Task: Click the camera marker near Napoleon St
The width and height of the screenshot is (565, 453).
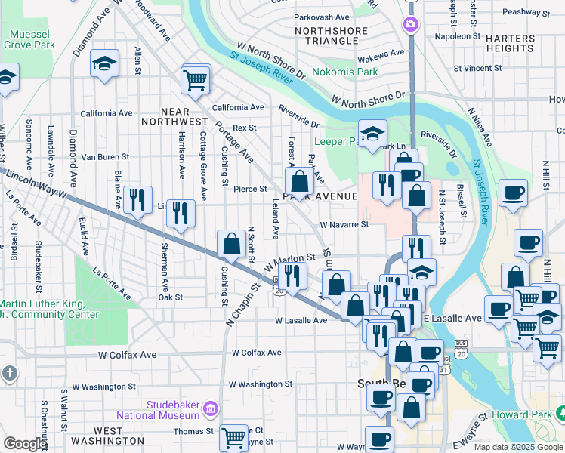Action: (x=411, y=24)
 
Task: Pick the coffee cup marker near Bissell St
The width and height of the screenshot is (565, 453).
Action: (x=513, y=193)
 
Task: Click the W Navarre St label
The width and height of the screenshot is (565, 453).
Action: (x=344, y=224)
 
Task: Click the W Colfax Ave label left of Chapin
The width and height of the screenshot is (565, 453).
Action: (x=126, y=354)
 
